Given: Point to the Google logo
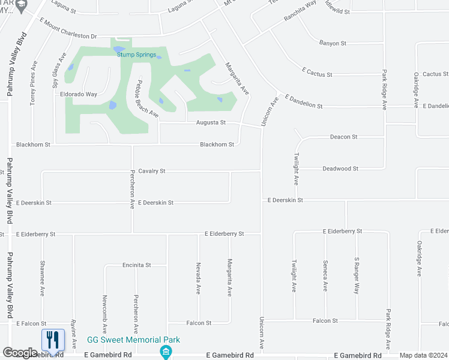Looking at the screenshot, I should (20, 353).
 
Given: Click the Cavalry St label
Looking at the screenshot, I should (151, 171).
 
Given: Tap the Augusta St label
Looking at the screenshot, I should (211, 122).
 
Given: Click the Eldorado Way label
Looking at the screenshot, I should (79, 94).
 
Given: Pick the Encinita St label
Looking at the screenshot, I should (136, 265).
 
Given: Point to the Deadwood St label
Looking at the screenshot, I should (340, 169).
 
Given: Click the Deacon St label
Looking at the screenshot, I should (343, 137).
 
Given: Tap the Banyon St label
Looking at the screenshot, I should (333, 43).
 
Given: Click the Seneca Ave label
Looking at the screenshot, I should (325, 276).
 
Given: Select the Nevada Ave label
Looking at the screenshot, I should (198, 278).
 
